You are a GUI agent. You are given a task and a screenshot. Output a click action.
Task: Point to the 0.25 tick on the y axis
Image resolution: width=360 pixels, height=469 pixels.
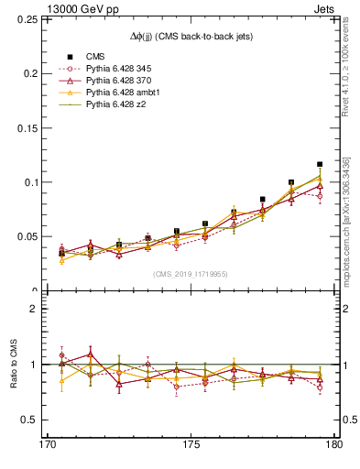coord(30,18)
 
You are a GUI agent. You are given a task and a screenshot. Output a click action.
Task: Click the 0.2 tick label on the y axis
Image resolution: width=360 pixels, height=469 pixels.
coord(34,73)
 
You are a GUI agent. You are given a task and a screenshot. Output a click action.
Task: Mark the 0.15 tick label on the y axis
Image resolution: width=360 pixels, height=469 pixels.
coord(30,127)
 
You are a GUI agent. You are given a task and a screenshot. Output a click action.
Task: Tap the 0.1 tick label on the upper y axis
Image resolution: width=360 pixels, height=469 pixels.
coord(34,182)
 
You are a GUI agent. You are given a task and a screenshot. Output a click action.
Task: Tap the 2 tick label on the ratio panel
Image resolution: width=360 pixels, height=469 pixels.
coord(40,309)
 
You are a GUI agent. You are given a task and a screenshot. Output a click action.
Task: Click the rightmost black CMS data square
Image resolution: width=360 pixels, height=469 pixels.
coord(320,164)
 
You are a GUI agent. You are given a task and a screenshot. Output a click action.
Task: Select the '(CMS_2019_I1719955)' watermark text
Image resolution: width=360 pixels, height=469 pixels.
coord(191,273)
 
